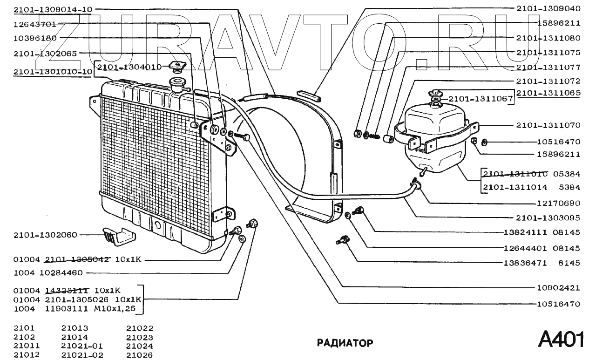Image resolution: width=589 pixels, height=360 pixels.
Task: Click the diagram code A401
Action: click(x=561, y=340)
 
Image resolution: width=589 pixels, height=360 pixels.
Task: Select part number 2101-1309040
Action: click(x=548, y=8)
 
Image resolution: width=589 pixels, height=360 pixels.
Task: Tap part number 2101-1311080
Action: click(x=548, y=38)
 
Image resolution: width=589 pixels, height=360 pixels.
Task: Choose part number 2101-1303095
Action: click(x=548, y=217)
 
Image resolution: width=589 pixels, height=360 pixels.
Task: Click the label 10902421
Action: click(x=558, y=288)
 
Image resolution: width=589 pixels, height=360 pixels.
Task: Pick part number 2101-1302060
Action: click(x=45, y=235)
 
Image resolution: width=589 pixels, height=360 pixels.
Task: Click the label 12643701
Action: click(x=35, y=24)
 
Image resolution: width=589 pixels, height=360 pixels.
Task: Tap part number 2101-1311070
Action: click(x=548, y=125)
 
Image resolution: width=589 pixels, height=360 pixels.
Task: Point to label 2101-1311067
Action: click(x=480, y=99)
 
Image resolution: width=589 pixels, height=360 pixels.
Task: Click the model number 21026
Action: click(x=140, y=355)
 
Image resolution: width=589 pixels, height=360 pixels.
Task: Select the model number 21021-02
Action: click(x=82, y=355)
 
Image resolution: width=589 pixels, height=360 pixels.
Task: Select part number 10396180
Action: click(x=35, y=38)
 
